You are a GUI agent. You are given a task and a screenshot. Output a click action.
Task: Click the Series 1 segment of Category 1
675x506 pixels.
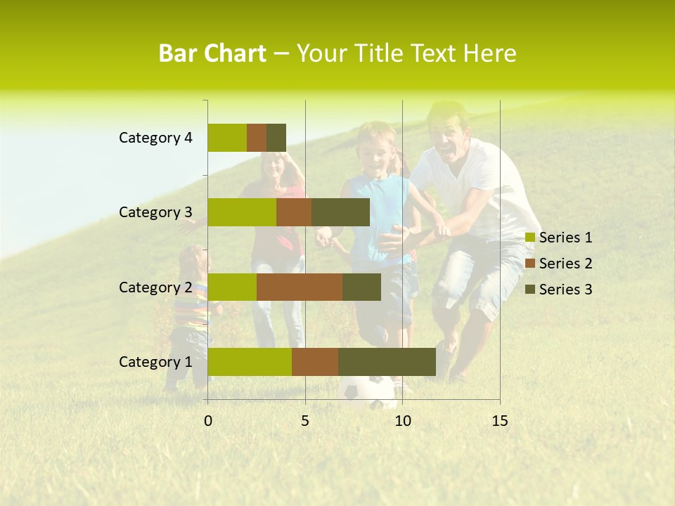(250, 362)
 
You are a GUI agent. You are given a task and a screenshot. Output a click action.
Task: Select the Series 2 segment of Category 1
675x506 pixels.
(315, 362)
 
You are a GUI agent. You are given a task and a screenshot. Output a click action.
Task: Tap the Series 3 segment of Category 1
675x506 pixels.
(387, 362)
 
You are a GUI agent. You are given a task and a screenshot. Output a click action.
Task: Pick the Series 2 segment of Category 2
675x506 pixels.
(300, 287)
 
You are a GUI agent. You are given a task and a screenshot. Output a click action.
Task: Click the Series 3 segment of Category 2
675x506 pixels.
(361, 287)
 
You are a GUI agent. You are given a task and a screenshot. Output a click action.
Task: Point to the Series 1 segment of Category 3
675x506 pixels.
(242, 212)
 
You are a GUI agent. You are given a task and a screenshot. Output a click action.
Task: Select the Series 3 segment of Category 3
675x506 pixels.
(340, 212)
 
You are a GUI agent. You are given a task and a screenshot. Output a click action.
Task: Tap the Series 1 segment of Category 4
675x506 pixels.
(227, 138)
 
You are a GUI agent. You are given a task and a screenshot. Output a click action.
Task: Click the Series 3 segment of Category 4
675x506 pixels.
(276, 138)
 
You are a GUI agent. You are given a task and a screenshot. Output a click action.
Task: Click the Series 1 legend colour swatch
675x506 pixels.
(530, 238)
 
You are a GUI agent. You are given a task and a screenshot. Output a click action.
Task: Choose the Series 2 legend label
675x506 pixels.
(565, 264)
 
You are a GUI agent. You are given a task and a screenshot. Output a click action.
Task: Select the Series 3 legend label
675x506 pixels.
(565, 290)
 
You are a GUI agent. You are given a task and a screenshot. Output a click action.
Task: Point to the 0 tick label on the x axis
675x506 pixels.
(208, 421)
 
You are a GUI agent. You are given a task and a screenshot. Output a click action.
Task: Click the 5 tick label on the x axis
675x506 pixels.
(305, 421)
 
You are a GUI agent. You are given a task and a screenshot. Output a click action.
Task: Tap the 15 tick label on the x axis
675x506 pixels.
(499, 421)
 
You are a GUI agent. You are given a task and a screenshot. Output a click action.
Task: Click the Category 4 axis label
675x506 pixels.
(155, 138)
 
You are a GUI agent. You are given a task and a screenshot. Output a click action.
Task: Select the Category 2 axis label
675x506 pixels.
(155, 287)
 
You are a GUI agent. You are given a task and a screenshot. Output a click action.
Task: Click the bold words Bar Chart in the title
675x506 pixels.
(212, 53)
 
